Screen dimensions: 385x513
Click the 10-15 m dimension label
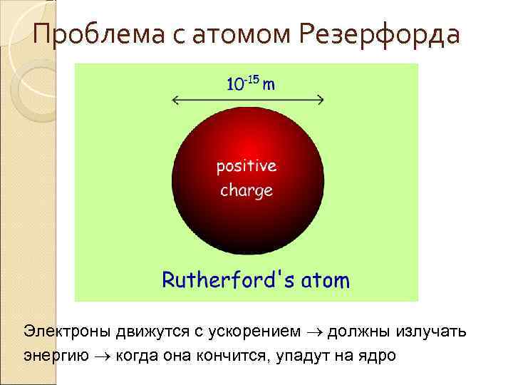(251, 84)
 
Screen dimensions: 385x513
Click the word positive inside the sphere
(247, 166)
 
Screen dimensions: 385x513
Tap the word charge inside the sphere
(247, 190)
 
